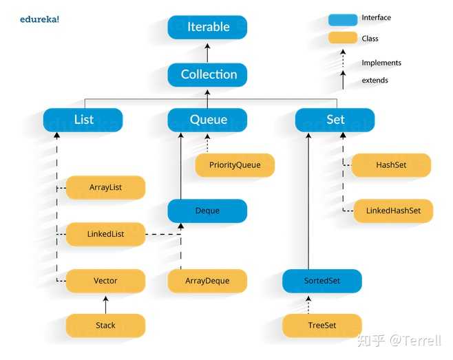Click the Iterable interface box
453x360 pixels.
(207, 27)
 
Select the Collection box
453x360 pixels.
(207, 74)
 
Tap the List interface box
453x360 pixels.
(83, 120)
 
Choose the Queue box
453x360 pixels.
(207, 120)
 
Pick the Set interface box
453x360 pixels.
(335, 120)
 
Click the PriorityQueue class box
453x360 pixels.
(235, 165)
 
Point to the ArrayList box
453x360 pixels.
(105, 187)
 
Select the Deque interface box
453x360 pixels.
(207, 211)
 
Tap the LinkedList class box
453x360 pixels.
(105, 234)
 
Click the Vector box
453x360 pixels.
(105, 281)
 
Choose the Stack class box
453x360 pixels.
(105, 326)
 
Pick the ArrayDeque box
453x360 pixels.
(207, 281)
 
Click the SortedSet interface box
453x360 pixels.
(322, 281)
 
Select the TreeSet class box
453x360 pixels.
(322, 326)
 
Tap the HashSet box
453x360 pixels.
(391, 165)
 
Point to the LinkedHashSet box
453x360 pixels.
(393, 211)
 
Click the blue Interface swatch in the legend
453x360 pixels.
(343, 20)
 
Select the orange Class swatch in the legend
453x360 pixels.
(343, 38)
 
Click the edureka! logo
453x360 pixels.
(39, 19)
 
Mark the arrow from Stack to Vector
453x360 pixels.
(105, 305)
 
